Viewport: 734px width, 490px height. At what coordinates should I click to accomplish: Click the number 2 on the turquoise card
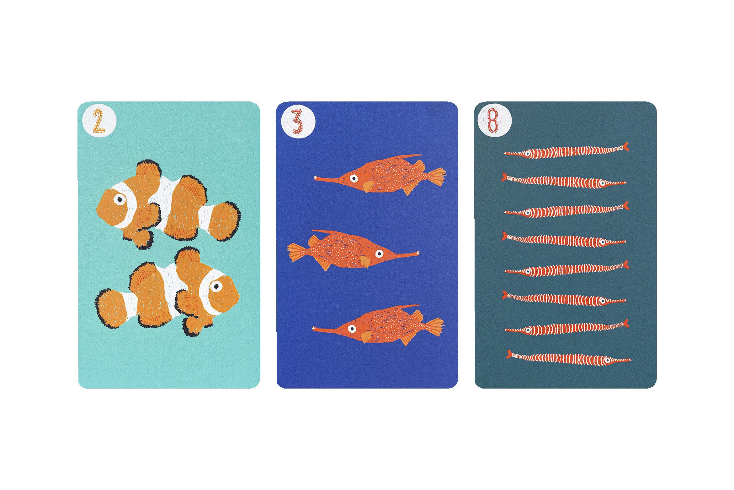coord(98,121)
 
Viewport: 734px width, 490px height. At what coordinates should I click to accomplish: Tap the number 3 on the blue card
coord(297,122)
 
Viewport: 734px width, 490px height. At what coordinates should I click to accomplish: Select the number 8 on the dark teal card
coord(493,121)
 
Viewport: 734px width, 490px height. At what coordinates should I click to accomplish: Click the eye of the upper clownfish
coord(120,199)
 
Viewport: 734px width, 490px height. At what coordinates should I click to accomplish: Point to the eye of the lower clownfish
coord(216,286)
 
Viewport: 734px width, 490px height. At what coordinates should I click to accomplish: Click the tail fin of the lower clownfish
coord(110,308)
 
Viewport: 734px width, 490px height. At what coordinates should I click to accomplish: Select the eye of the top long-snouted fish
coord(354,178)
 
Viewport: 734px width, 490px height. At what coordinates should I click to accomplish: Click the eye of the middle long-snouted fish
coord(380,253)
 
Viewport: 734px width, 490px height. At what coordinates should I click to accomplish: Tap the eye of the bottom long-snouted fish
coord(352,329)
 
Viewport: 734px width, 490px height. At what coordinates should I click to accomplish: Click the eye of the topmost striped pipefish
coord(528,154)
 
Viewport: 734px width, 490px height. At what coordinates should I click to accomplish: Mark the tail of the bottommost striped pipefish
coord(509,354)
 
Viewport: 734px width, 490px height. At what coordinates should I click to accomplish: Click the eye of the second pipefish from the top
coord(602,183)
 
